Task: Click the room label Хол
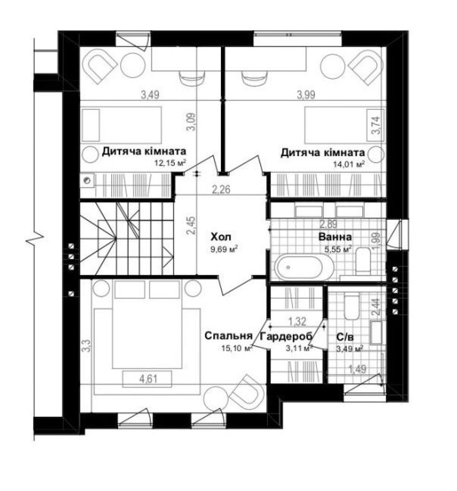pos(221,236)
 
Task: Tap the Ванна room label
pos(335,237)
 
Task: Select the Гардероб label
pos(286,336)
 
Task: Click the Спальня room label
pos(228,336)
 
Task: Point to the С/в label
pos(345,337)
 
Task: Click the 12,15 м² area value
pos(171,163)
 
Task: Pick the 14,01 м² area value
pos(349,164)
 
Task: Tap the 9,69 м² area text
pos(223,249)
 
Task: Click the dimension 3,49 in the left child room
pos(150,94)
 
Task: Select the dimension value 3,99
pos(306,94)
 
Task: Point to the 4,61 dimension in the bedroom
pos(148,379)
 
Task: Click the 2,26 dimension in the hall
pos(221,189)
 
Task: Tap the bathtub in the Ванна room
pos(304,268)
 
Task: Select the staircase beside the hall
pos(127,239)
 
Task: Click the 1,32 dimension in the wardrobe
pos(297,321)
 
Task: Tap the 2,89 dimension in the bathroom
pos(328,224)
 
